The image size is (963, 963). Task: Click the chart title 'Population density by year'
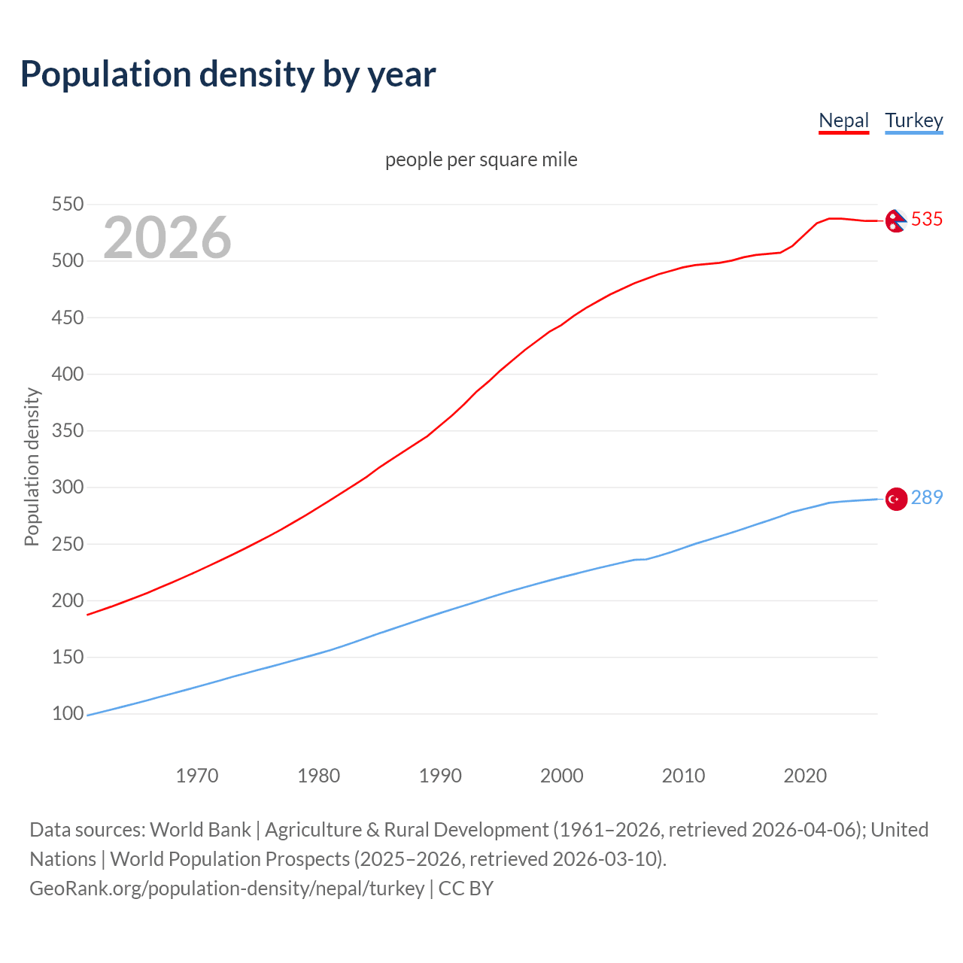(x=228, y=74)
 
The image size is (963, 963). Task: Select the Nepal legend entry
(x=843, y=120)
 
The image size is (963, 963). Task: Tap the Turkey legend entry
(x=913, y=120)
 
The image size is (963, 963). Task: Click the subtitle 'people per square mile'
(x=481, y=159)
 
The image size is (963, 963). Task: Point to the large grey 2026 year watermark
(x=167, y=238)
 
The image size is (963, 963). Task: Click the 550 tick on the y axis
(x=67, y=205)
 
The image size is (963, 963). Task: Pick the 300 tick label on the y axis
(x=67, y=488)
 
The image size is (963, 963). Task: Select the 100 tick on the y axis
(x=67, y=713)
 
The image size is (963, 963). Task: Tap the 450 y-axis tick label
(x=67, y=317)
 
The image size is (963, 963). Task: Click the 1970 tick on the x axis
(x=197, y=776)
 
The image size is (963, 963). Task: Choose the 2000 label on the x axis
(x=561, y=776)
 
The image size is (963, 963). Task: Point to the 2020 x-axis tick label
(x=805, y=776)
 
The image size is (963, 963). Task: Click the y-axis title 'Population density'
(x=32, y=466)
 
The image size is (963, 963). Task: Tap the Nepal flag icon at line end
(x=895, y=220)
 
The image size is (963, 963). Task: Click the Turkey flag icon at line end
(x=895, y=499)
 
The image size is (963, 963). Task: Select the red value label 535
(x=927, y=219)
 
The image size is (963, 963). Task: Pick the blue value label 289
(x=927, y=497)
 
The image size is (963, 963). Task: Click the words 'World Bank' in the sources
(x=200, y=829)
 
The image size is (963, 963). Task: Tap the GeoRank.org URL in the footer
(x=226, y=888)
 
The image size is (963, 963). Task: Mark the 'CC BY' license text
(x=466, y=888)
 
